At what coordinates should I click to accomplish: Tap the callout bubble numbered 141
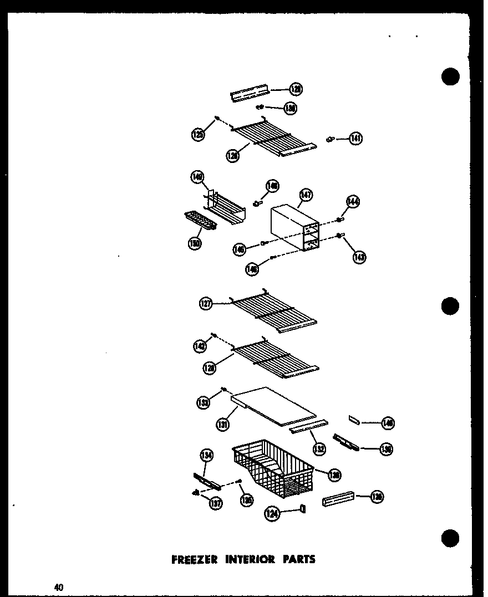pyautogui.click(x=355, y=139)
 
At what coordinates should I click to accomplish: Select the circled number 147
pyautogui.click(x=306, y=195)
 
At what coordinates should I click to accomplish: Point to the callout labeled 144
pyautogui.click(x=353, y=202)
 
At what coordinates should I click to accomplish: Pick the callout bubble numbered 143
pyautogui.click(x=359, y=257)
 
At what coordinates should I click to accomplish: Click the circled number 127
pyautogui.click(x=206, y=304)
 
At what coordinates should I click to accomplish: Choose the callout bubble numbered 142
pyautogui.click(x=200, y=346)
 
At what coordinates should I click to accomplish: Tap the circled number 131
pyautogui.click(x=223, y=425)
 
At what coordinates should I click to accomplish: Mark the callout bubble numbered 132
pyautogui.click(x=319, y=448)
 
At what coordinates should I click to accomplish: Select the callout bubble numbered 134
pyautogui.click(x=206, y=456)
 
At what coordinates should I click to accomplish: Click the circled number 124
pyautogui.click(x=272, y=515)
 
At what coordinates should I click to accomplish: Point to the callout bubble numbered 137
pyautogui.click(x=215, y=503)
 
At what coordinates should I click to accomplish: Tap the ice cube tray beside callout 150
pyautogui.click(x=200, y=223)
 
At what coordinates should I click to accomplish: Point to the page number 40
pyautogui.click(x=59, y=587)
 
